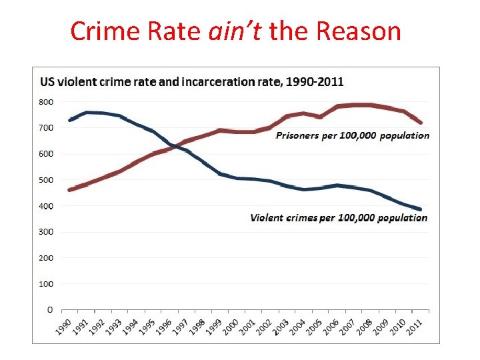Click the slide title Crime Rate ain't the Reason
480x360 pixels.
click(x=236, y=31)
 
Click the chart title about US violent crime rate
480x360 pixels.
click(x=192, y=82)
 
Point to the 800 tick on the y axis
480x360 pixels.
click(x=45, y=102)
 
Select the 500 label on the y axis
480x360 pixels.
click(x=45, y=180)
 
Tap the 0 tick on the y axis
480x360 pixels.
click(x=49, y=310)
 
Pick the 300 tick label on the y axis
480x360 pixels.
click(x=45, y=232)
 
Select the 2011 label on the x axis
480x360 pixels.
click(x=414, y=327)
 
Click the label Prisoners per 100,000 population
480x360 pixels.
click(x=353, y=136)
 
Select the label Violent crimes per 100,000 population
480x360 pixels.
click(x=339, y=218)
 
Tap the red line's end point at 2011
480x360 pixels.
click(x=421, y=123)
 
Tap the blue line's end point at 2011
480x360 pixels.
click(x=421, y=209)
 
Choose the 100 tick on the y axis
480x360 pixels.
click(x=45, y=284)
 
